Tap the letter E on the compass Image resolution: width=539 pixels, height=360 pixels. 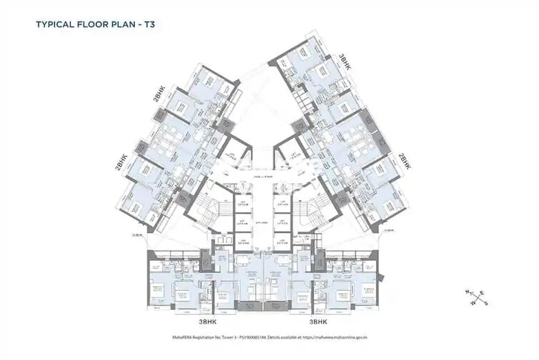tap(483, 293)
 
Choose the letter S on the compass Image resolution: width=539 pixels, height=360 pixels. tap(486, 304)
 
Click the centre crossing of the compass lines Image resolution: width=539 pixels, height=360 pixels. tap(477, 299)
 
